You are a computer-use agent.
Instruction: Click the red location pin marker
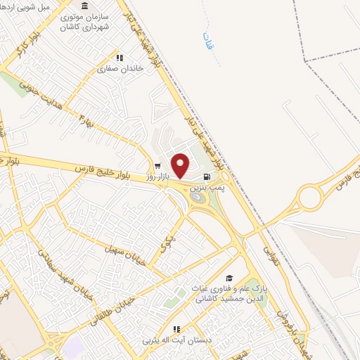(181, 165)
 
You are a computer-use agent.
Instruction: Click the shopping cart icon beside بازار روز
(157, 167)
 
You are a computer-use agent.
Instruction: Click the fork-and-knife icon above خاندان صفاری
(120, 58)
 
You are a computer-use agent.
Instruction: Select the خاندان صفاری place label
(116, 69)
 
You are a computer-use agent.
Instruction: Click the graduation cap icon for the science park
(229, 279)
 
